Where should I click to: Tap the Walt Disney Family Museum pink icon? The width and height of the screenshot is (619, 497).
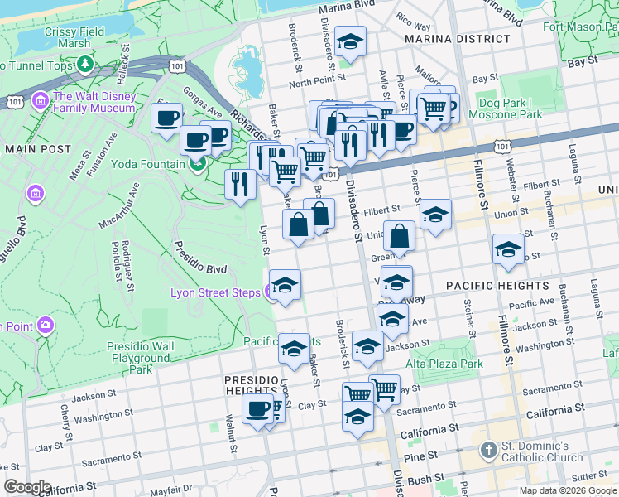click(x=38, y=102)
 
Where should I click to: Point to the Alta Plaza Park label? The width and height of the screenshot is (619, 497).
click(x=444, y=364)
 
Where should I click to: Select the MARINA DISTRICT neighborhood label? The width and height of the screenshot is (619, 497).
click(x=458, y=39)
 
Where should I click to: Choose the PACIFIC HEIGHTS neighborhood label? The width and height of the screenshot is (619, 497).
click(x=497, y=286)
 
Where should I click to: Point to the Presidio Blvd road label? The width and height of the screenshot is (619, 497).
click(x=199, y=258)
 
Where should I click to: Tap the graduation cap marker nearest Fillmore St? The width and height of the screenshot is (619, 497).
click(x=508, y=249)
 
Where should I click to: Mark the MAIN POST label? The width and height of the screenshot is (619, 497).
click(x=33, y=149)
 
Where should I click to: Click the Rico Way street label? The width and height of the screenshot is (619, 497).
click(x=413, y=19)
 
